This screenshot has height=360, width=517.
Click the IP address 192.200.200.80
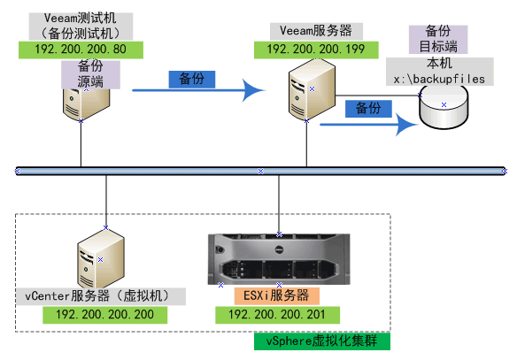(81, 50)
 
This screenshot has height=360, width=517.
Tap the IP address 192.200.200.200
(104, 314)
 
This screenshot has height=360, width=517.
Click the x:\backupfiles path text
(444, 78)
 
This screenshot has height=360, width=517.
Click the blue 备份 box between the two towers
(191, 79)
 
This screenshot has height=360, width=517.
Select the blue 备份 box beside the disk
(367, 108)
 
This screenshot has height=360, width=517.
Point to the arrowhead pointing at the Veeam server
(254, 88)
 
